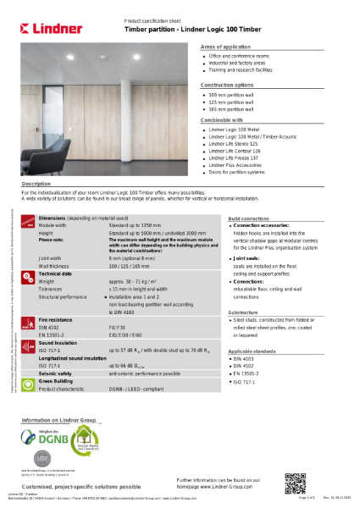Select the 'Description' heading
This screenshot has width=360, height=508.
pos(36,183)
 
